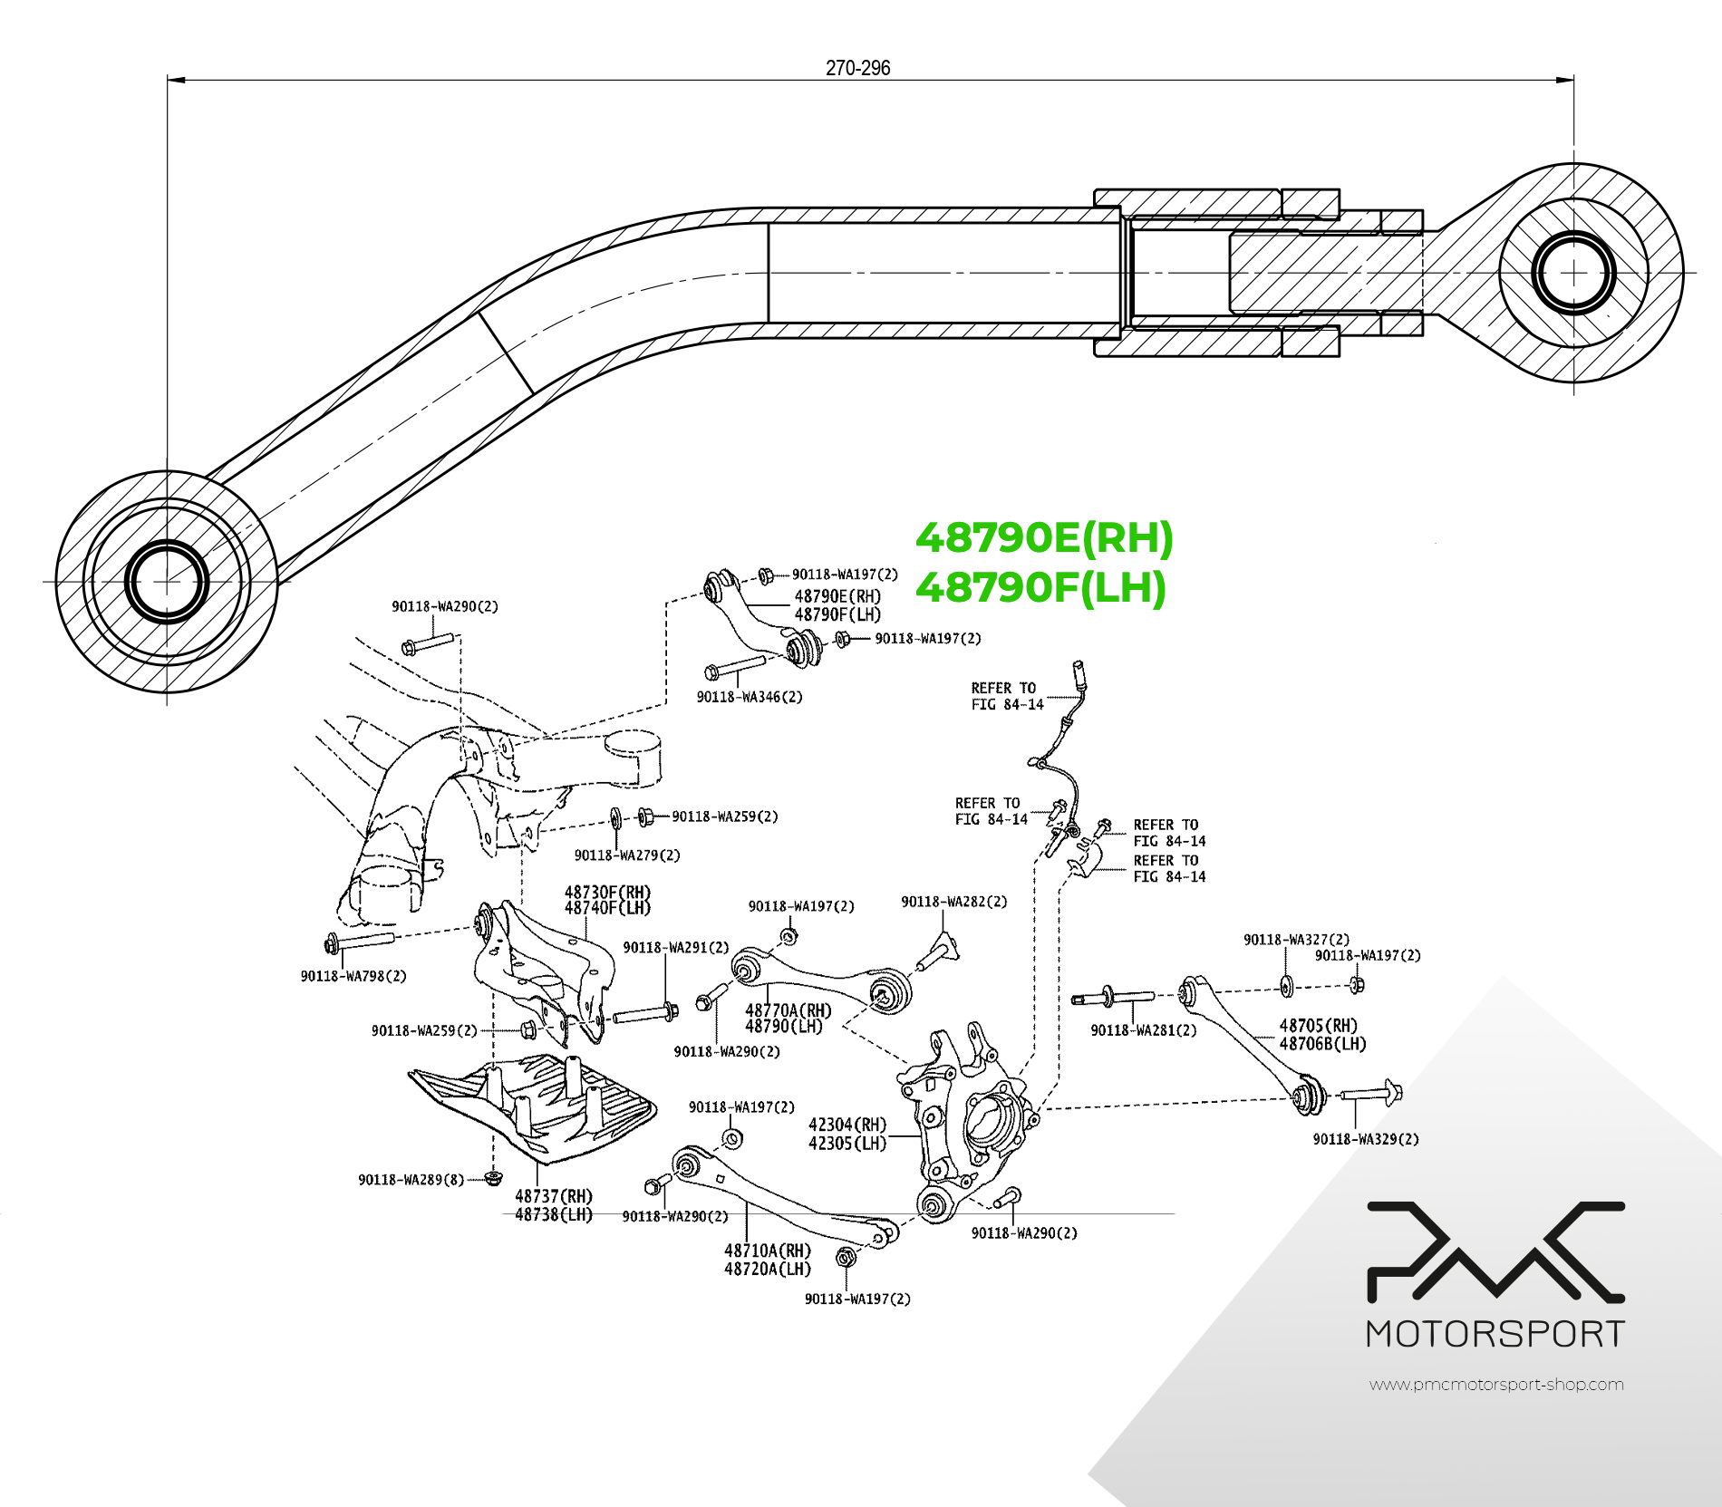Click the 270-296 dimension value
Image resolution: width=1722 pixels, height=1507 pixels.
click(857, 68)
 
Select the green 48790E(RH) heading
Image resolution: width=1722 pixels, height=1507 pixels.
click(1044, 538)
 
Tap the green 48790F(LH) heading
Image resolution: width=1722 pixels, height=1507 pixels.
click(1040, 587)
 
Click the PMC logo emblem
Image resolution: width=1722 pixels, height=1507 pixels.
click(1495, 1252)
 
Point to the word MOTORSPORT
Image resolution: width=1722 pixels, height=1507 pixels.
click(1495, 1334)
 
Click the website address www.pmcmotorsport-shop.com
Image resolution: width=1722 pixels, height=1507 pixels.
click(1496, 1385)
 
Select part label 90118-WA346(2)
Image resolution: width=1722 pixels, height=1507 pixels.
click(750, 697)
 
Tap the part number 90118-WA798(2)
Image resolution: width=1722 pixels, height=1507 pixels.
click(353, 976)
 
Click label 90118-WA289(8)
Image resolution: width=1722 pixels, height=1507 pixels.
click(411, 1179)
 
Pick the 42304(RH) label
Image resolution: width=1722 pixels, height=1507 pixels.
click(847, 1125)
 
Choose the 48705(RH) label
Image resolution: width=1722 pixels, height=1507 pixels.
click(1319, 1026)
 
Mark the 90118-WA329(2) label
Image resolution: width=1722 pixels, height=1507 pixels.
click(1366, 1139)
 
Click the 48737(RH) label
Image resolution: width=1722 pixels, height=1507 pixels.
click(554, 1196)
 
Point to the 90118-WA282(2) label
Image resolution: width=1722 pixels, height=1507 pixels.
click(953, 902)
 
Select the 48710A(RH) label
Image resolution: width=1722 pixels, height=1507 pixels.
click(768, 1251)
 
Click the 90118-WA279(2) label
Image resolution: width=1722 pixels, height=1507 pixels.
click(627, 855)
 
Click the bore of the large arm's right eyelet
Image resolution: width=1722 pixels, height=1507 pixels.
click(1573, 273)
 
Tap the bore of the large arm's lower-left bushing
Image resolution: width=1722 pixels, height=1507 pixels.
click(167, 582)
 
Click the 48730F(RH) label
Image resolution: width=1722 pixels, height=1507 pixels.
click(607, 893)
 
